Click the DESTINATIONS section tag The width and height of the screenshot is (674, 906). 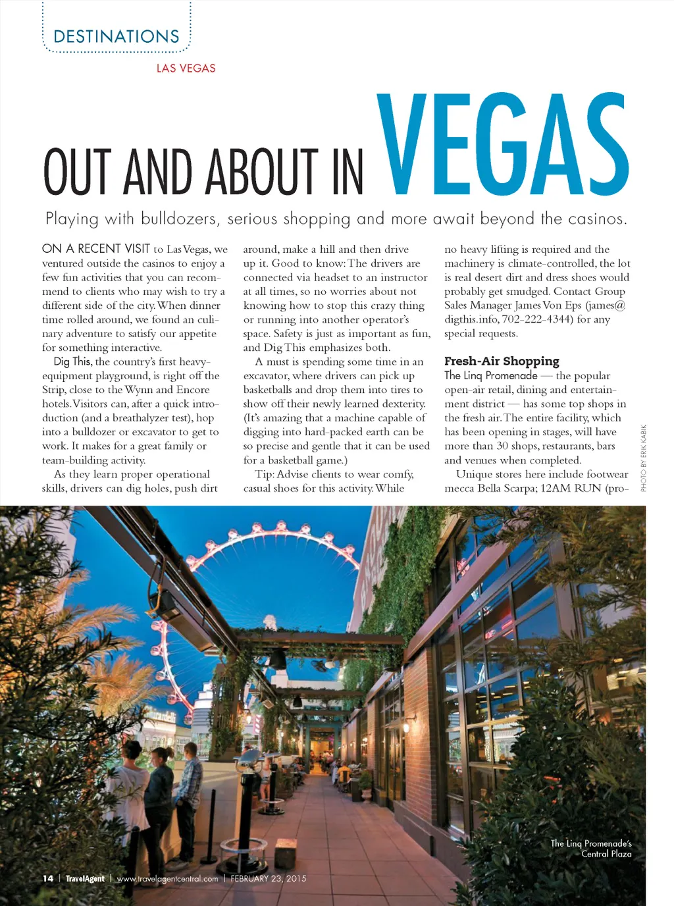117,37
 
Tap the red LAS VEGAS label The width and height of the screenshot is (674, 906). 186,68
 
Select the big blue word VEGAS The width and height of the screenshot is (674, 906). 504,146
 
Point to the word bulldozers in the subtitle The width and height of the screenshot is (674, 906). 180,219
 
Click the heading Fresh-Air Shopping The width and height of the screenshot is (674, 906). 502,361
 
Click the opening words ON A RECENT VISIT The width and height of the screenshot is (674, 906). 96,249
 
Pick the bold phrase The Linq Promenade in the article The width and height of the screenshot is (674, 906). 490,375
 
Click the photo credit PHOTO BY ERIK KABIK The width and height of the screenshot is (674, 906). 644,458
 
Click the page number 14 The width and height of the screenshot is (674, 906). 48,878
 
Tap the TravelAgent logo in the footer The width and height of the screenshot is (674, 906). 85,878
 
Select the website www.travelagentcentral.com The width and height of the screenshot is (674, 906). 167,878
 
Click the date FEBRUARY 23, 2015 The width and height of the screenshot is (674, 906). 269,878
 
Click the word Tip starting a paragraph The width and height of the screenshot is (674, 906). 264,474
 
